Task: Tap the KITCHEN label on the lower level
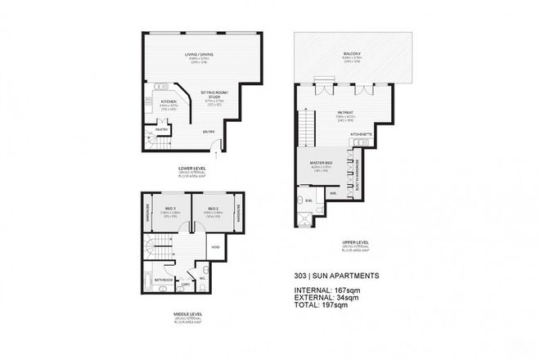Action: point(157,101)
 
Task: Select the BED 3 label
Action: point(170,208)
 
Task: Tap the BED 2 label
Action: point(211,208)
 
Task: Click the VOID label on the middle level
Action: point(214,247)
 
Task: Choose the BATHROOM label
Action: point(162,279)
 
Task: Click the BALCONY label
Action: point(353,56)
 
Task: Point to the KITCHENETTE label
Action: point(361,133)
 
